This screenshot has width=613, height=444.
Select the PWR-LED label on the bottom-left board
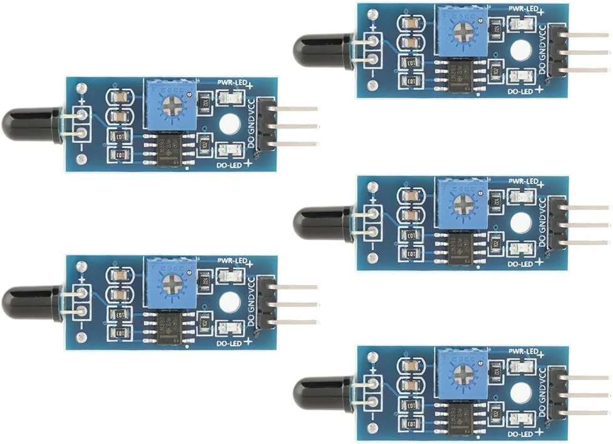click(x=230, y=260)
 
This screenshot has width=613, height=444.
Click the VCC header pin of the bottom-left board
click(x=294, y=288)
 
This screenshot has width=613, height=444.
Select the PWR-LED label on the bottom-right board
click(x=521, y=351)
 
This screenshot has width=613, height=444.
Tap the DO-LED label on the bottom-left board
click(x=228, y=343)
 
